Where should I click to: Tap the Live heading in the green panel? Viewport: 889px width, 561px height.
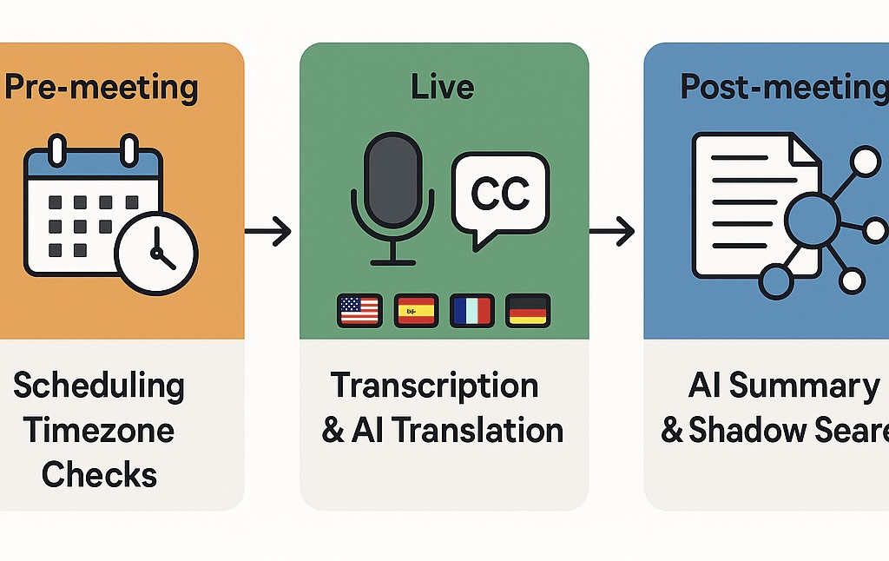coord(444,87)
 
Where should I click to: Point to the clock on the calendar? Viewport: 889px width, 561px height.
coord(157,253)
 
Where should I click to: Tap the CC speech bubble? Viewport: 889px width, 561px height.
coord(500,195)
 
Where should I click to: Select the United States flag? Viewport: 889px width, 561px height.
coord(359,310)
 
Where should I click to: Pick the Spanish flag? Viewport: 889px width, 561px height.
coord(416,310)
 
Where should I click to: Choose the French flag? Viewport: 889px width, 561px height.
coord(471,310)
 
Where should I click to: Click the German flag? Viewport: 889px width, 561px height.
coord(527,310)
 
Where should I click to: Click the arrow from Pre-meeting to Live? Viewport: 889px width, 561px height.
coord(268,231)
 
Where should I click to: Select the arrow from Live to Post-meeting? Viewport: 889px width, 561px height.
coord(612,231)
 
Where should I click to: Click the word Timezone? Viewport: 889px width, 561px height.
coord(99,431)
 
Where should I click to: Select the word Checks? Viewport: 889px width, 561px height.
coord(99,475)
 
